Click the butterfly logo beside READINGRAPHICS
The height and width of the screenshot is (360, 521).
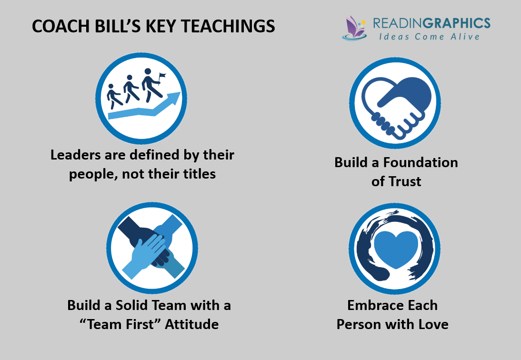coord(354,27)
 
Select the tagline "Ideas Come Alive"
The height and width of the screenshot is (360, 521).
coord(426,37)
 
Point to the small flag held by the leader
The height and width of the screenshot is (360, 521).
coord(162,76)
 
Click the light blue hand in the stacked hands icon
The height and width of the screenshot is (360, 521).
coord(145,252)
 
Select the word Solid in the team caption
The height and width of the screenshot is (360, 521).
coord(128,305)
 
